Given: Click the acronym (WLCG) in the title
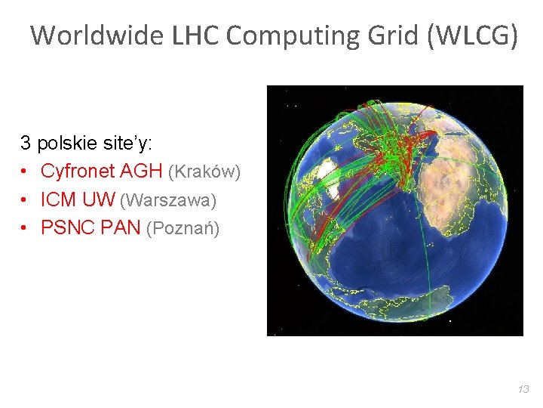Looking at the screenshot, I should [x=473, y=36].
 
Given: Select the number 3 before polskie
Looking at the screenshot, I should [x=26, y=142].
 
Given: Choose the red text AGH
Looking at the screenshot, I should [x=141, y=172].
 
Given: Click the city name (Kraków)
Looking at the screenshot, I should [x=204, y=172].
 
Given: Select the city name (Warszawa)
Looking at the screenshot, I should [x=167, y=201].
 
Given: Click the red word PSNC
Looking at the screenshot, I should [x=65, y=228].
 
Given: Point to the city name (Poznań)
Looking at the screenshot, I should [x=183, y=229].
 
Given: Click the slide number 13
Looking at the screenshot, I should [x=523, y=389].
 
